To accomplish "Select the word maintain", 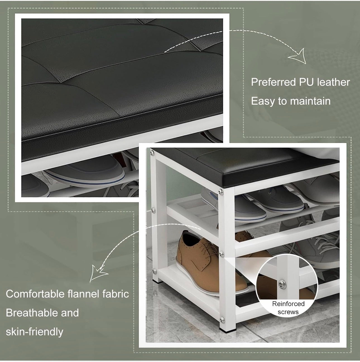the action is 310,101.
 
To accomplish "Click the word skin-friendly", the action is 34,332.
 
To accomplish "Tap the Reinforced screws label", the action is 288,308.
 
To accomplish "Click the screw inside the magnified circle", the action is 282,284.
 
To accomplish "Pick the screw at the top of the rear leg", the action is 152,153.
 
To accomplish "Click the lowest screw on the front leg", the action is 222,320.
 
